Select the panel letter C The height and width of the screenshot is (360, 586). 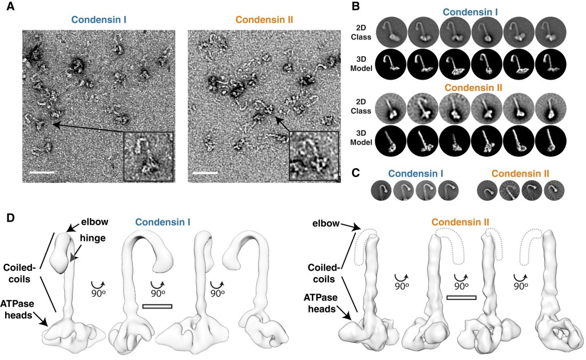point(371,172)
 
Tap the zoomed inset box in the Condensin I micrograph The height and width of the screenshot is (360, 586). point(148,156)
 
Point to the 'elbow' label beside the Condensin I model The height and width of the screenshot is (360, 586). point(95,222)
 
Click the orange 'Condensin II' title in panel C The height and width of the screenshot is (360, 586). point(520,173)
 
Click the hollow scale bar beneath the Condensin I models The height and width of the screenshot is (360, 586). point(157,307)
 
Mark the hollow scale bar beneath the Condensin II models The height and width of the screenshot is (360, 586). point(461,298)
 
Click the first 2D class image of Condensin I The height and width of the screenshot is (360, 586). point(393,31)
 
